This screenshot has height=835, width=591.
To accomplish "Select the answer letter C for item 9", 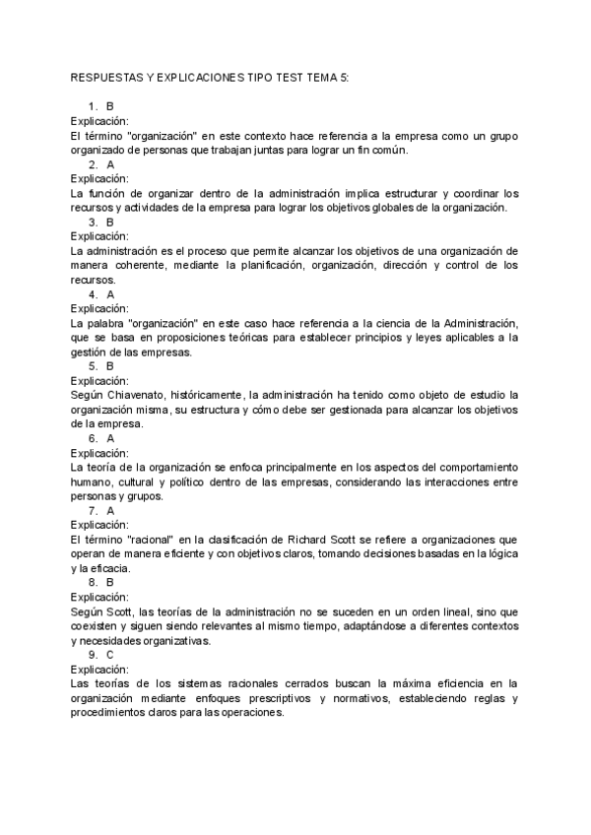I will click(x=109, y=654).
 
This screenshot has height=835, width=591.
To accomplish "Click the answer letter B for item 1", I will click(x=110, y=105).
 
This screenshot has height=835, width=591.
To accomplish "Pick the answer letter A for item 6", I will click(x=110, y=438).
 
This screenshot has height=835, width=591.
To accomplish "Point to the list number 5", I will click(x=93, y=366).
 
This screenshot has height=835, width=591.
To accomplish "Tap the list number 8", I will click(x=93, y=582).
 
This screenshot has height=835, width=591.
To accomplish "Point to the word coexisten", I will click(x=98, y=625).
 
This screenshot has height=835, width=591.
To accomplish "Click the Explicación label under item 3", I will click(x=99, y=236).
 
